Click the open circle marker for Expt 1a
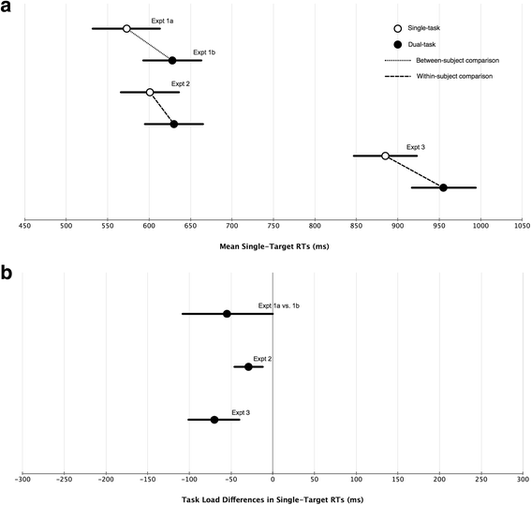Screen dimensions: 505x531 pos(126,28)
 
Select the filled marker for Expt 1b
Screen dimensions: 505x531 pos(172,60)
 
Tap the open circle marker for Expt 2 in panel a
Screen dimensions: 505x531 pos(150,92)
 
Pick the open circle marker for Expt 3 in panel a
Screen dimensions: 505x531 pos(385,156)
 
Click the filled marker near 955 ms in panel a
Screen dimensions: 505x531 pos(443,187)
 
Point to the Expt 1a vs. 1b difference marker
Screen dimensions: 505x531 pos(227,313)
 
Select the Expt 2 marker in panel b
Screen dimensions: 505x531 pos(248,366)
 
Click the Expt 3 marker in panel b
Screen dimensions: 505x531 pos(214,419)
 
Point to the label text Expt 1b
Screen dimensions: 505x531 pos(204,52)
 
